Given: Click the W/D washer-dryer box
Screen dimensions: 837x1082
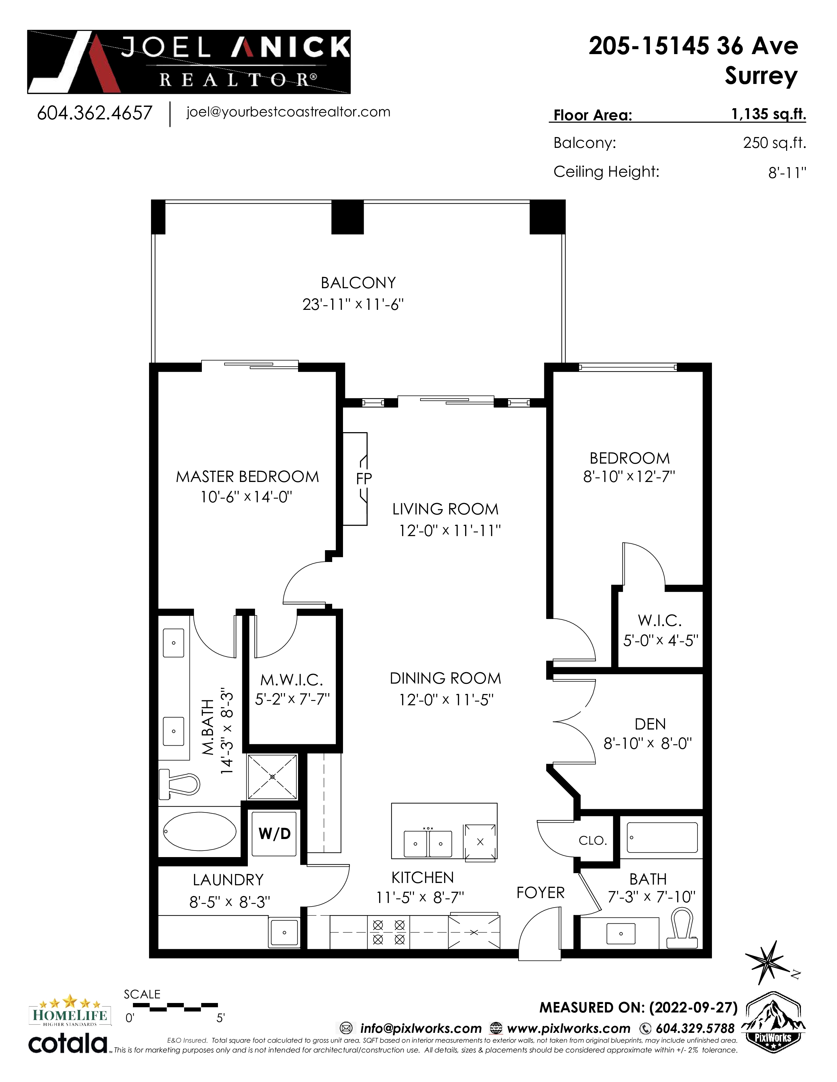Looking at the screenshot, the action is (x=274, y=834).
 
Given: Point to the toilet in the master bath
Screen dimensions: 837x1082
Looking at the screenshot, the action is (x=179, y=784).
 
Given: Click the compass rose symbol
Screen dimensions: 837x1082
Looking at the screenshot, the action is (x=768, y=964).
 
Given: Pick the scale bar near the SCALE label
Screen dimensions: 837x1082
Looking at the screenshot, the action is (x=176, y=1007).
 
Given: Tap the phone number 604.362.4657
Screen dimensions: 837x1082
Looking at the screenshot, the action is (x=95, y=113).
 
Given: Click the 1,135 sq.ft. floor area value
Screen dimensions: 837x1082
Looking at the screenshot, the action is (x=768, y=114).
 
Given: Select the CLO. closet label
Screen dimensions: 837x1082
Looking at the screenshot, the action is (x=592, y=841).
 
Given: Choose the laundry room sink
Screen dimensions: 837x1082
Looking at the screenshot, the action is (x=284, y=932).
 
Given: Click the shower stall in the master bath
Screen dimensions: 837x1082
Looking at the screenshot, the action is (x=272, y=776).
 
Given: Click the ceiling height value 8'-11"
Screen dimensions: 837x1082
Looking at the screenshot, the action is (x=787, y=173).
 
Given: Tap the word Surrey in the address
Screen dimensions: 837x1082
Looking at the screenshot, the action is (x=761, y=76).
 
